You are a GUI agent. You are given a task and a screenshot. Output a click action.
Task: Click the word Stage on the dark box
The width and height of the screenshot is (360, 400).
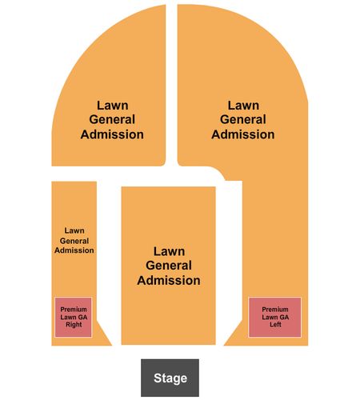pyautogui.click(x=170, y=378)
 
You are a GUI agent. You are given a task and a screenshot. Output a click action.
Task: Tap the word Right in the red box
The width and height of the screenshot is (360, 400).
pyautogui.click(x=74, y=325)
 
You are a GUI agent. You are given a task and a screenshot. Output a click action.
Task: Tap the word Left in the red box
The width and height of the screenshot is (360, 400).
pyautogui.click(x=275, y=325)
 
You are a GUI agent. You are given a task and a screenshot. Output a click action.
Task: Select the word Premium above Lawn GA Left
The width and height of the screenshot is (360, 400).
pyautogui.click(x=275, y=310)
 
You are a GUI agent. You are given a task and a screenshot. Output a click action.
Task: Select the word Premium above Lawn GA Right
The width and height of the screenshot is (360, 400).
pyautogui.click(x=74, y=310)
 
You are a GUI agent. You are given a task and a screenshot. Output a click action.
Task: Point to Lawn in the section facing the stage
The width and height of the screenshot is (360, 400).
pyautogui.click(x=169, y=251)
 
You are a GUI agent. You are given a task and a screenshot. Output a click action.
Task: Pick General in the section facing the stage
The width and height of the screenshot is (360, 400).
pyautogui.click(x=169, y=266)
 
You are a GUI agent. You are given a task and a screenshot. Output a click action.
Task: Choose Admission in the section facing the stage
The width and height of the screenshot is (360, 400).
pyautogui.click(x=169, y=280)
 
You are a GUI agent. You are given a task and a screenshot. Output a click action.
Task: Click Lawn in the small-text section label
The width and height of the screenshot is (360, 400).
pyautogui.click(x=74, y=230)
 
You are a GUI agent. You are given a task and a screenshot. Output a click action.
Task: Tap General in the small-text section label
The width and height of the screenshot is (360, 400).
pyautogui.click(x=74, y=241)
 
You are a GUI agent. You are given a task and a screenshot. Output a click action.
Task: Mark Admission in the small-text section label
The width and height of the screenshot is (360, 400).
pyautogui.click(x=74, y=250)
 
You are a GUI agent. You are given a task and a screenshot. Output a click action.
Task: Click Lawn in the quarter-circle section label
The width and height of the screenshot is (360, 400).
pyautogui.click(x=113, y=106)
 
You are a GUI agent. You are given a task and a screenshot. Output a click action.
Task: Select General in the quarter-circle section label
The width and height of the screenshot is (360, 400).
pyautogui.click(x=112, y=120)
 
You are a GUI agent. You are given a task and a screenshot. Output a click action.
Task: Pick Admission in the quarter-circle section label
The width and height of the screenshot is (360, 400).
pyautogui.click(x=112, y=134)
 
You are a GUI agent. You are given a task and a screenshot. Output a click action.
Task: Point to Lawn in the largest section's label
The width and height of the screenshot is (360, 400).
pyautogui.click(x=243, y=106)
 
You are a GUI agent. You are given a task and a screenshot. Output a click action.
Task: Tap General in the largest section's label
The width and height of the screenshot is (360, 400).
pyautogui.click(x=243, y=120)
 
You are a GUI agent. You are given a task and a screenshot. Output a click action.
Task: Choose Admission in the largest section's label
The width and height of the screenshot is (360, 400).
pyautogui.click(x=243, y=134)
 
